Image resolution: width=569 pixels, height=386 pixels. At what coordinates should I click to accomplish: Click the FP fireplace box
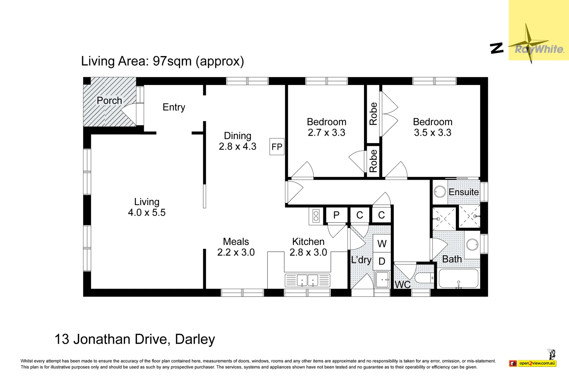[277, 147]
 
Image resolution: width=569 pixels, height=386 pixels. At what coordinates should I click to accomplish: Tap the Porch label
[110, 100]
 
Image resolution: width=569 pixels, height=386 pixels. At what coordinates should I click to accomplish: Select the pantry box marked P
[336, 215]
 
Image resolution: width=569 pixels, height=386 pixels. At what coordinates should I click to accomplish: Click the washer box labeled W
[382, 243]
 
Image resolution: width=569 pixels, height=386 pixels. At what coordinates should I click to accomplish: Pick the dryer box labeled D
[382, 261]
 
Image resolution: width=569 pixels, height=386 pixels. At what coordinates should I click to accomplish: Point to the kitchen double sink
[308, 280]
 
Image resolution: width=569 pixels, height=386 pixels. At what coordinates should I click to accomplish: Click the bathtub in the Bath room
[459, 278]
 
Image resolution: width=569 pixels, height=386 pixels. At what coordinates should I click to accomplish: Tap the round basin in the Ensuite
[440, 192]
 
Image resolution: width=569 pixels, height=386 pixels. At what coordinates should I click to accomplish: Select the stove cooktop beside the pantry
[316, 216]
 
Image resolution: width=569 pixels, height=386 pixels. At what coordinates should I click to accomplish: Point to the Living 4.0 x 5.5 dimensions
[146, 212]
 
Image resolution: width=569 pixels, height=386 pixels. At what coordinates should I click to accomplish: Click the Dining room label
[238, 136]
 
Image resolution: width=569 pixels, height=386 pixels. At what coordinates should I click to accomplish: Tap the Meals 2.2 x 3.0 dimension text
[236, 252]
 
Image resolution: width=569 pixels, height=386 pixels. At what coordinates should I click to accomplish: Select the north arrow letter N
[496, 48]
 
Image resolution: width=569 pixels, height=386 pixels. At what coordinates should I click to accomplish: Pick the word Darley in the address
[195, 339]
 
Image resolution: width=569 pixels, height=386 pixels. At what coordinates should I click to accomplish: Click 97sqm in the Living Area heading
[172, 61]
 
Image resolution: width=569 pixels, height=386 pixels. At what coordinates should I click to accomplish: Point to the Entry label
[174, 107]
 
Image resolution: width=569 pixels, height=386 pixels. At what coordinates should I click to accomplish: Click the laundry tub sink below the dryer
[383, 279]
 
